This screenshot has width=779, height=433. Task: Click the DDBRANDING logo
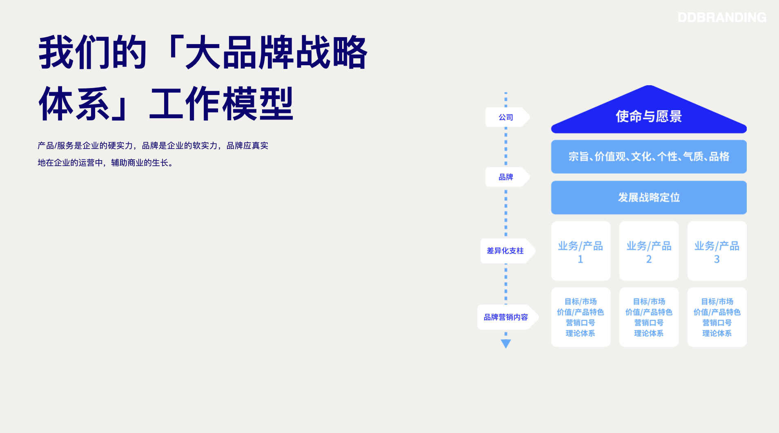[x=722, y=17]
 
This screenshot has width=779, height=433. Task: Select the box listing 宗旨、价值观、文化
[x=649, y=157]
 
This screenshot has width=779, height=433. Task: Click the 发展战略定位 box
[x=649, y=197]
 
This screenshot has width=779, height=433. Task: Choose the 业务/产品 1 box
[x=581, y=251]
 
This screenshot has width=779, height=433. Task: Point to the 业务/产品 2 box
[x=649, y=251]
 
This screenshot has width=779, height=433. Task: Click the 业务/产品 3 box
[x=717, y=251]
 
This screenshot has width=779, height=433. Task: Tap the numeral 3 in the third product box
[x=717, y=259]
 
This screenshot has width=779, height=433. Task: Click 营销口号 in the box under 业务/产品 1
[x=581, y=323]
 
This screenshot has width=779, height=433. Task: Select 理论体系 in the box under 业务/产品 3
[x=717, y=333]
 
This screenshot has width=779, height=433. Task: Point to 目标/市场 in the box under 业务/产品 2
[x=649, y=301]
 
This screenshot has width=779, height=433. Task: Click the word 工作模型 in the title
[x=221, y=104]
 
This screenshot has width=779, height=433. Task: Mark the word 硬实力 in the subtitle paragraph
[x=120, y=146]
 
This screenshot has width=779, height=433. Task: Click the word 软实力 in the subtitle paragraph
[x=205, y=146]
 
